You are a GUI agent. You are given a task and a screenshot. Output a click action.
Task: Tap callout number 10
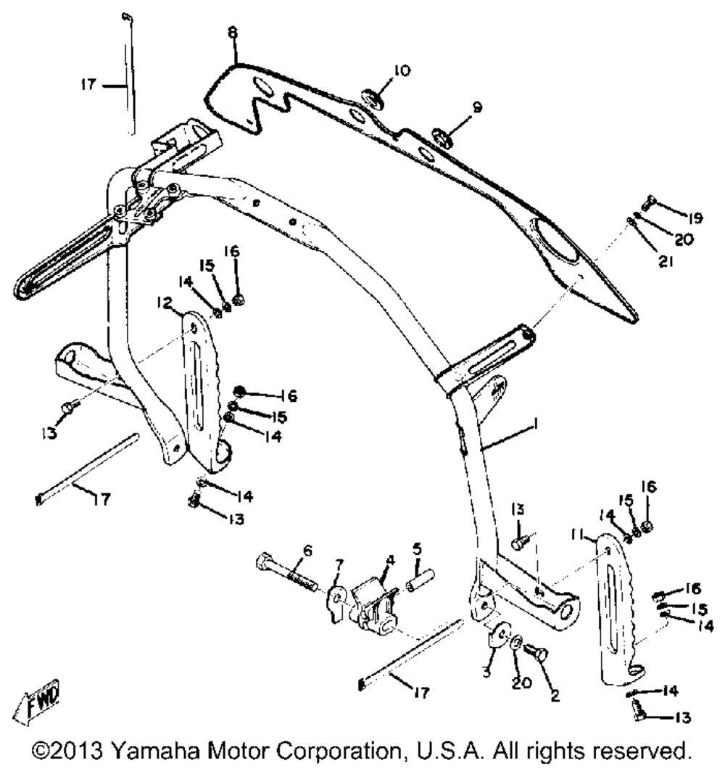tap(401, 70)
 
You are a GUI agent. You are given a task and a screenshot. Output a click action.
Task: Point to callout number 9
tap(476, 107)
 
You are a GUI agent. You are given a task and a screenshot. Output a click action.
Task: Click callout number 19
tap(695, 217)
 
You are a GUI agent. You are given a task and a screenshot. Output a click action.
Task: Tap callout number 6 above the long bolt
tap(308, 551)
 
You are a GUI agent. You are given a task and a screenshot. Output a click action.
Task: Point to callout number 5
tap(417, 546)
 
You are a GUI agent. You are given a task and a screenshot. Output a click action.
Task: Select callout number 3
tap(487, 673)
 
